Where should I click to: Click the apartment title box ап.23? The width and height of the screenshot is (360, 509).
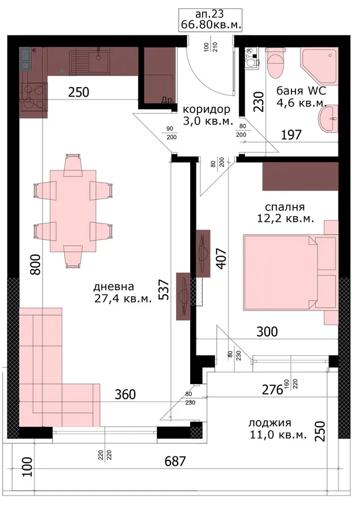[x=210, y=20]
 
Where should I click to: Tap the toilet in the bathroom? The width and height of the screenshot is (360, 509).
[x=275, y=63]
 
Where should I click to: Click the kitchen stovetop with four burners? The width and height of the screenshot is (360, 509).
[x=33, y=96]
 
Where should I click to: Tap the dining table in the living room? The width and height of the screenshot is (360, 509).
[x=73, y=211]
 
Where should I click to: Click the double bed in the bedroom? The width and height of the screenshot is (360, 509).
[x=290, y=273]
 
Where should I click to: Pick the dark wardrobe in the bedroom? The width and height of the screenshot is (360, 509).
[x=301, y=176]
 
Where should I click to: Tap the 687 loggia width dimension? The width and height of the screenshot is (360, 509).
[x=175, y=461]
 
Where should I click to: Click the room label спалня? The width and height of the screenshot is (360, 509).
[x=285, y=207]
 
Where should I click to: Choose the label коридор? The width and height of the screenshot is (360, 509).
[x=207, y=109]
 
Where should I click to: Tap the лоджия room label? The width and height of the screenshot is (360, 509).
[x=269, y=423]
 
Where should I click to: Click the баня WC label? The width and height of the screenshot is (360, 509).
[x=301, y=90]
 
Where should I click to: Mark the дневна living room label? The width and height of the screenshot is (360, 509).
[x=114, y=286]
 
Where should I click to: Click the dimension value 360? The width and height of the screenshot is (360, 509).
[x=125, y=394]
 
